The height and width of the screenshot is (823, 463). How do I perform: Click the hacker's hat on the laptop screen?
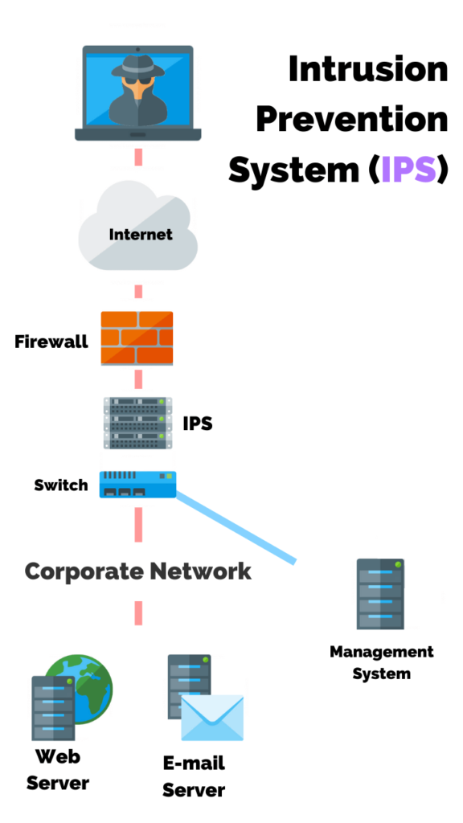click(x=137, y=68)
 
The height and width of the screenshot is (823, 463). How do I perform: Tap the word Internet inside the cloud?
click(x=141, y=235)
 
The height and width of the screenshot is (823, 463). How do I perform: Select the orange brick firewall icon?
click(x=137, y=338)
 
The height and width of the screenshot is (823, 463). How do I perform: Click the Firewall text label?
click(x=51, y=342)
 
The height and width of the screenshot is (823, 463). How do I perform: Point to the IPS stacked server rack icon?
click(x=137, y=423)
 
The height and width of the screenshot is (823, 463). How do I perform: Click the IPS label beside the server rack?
click(x=198, y=423)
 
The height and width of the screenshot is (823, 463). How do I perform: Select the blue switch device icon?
click(x=137, y=485)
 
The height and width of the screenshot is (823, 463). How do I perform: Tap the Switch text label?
click(x=60, y=485)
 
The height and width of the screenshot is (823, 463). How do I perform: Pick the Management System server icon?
click(x=380, y=594)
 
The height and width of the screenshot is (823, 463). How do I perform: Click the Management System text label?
click(x=381, y=662)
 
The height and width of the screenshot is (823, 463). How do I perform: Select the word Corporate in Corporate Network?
click(x=77, y=571)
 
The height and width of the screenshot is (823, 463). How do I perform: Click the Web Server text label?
click(x=58, y=769)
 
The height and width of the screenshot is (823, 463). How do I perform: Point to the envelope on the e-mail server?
click(x=211, y=718)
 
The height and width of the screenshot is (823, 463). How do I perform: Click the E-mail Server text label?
click(x=194, y=776)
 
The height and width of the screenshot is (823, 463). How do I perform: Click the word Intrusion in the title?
click(x=367, y=69)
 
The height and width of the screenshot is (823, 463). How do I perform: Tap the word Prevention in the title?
click(x=351, y=120)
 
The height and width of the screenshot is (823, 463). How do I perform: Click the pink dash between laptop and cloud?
click(x=138, y=157)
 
